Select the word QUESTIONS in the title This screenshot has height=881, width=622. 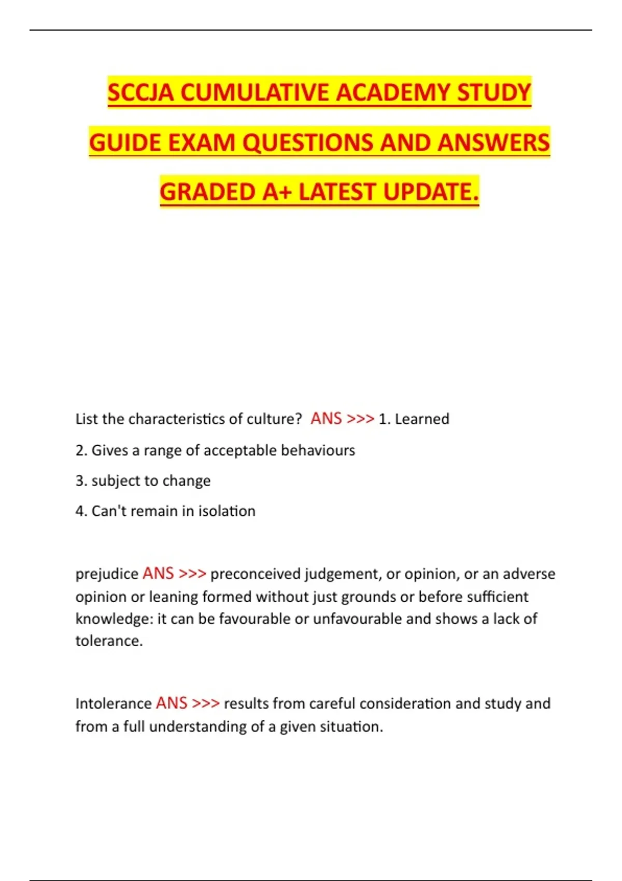pyautogui.click(x=308, y=143)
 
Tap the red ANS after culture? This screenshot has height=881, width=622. pyautogui.click(x=326, y=418)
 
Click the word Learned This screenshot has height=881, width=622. pyautogui.click(x=422, y=419)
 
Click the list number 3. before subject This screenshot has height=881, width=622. pyautogui.click(x=81, y=480)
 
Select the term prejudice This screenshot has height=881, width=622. pyautogui.click(x=107, y=574)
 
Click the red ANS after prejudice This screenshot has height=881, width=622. pyautogui.click(x=158, y=573)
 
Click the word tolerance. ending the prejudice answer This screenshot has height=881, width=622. pyautogui.click(x=109, y=641)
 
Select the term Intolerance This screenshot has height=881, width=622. pyautogui.click(x=113, y=703)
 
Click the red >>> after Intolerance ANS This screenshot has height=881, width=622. pyautogui.click(x=206, y=703)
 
